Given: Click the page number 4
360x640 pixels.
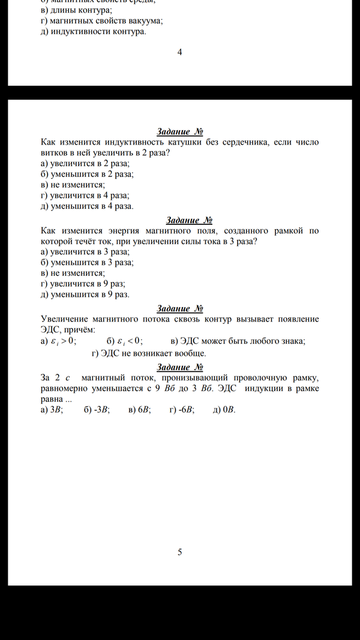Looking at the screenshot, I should click(x=179, y=52).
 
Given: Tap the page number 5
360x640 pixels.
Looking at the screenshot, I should click(x=179, y=552).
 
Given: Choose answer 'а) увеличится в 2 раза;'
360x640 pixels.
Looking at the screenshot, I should click(x=85, y=163).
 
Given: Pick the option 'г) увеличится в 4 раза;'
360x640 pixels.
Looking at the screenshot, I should click(x=85, y=195).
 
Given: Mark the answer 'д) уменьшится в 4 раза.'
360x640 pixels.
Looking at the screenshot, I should click(x=87, y=206).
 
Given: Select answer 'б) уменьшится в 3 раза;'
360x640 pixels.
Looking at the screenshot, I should click(x=87, y=262).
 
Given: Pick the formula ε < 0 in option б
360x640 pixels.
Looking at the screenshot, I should click(x=130, y=341).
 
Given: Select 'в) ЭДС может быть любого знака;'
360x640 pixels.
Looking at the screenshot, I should click(x=238, y=341).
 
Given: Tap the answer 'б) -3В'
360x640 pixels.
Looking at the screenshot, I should click(x=96, y=410).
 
